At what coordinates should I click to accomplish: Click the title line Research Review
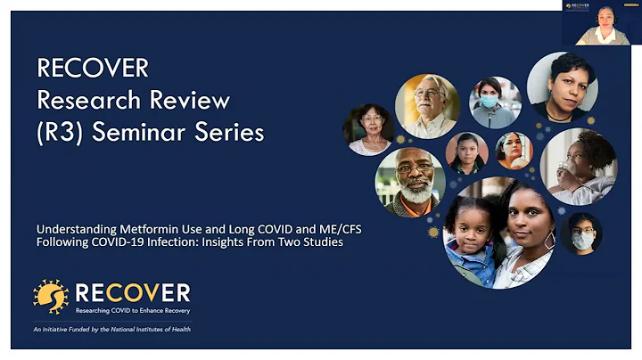click(x=133, y=99)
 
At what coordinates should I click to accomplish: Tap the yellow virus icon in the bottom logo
click(x=51, y=297)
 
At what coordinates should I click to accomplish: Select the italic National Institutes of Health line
click(x=112, y=329)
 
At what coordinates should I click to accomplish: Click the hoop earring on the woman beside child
click(x=549, y=240)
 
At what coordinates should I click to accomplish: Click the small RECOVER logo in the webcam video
click(x=576, y=7)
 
